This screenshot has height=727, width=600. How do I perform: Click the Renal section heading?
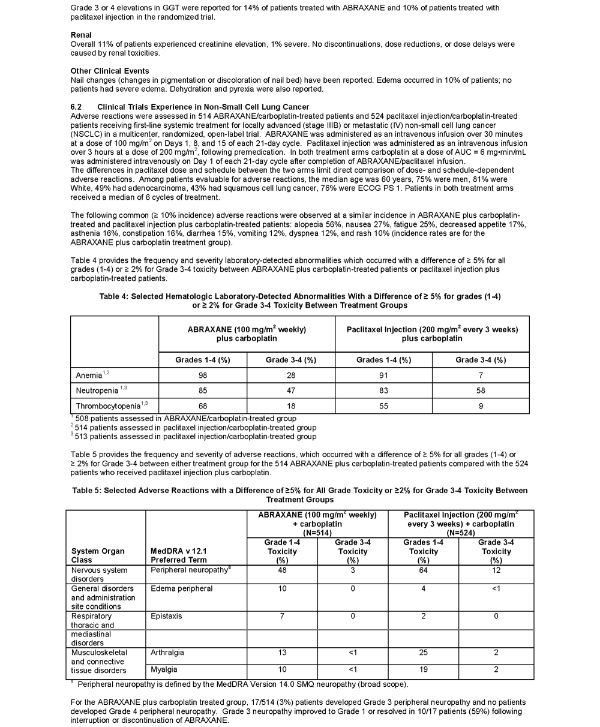[81, 35]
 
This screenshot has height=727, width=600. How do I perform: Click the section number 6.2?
[77, 107]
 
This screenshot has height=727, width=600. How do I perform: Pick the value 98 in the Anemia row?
[202, 375]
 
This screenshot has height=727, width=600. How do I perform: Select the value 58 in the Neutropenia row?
[481, 390]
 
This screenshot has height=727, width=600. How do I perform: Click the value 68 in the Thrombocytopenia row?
[202, 406]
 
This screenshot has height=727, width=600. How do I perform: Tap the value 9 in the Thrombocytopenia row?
[481, 406]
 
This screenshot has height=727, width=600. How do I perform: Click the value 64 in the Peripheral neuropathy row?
[424, 570]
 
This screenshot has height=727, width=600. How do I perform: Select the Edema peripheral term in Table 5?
[182, 589]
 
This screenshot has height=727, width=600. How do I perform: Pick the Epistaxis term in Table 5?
[166, 616]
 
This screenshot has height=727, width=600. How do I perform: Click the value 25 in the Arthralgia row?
[424, 653]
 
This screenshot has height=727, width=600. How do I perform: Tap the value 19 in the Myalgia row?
[424, 669]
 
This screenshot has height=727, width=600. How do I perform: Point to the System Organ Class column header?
[98, 555]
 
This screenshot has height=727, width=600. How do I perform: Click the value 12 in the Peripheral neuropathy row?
[496, 570]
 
